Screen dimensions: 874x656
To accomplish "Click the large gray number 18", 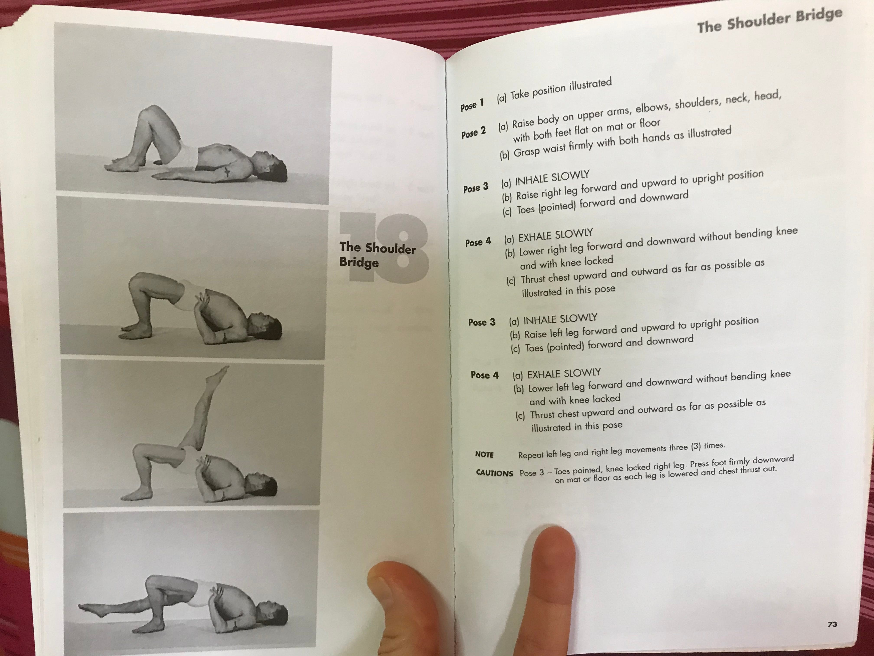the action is point(384,248).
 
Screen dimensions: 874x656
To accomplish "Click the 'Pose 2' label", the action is point(473,133).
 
